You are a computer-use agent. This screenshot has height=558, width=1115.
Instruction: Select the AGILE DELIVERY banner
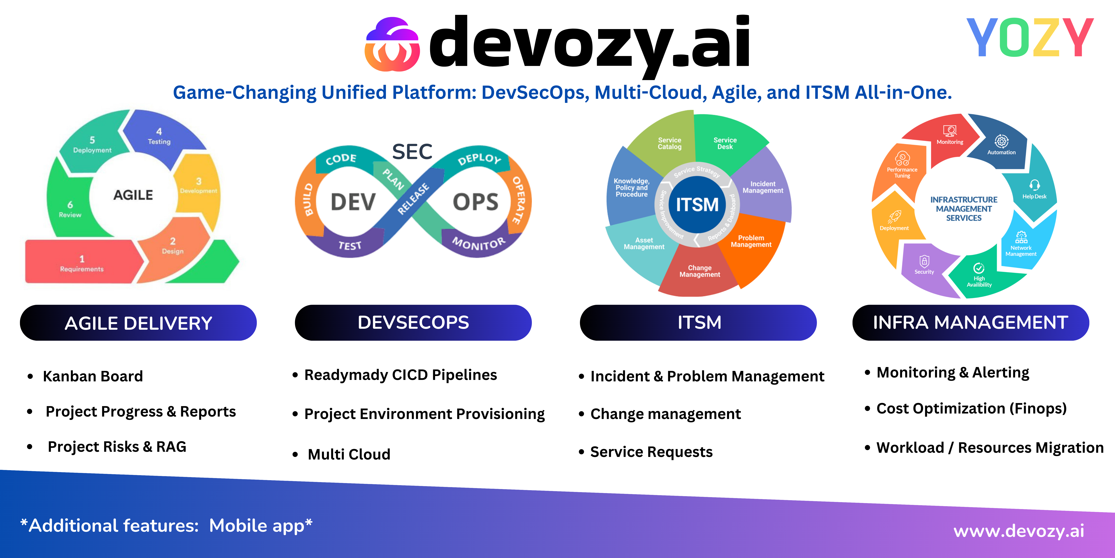(x=138, y=323)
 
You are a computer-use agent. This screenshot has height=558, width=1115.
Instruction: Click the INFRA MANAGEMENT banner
(x=970, y=323)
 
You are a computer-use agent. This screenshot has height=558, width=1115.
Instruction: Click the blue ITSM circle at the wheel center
(x=697, y=204)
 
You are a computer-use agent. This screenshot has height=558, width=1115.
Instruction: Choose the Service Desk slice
(x=725, y=143)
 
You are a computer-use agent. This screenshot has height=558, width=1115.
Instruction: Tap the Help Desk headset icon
(x=1035, y=185)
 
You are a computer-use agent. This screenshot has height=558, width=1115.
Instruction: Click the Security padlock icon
(x=924, y=261)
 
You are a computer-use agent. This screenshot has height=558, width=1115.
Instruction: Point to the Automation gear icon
(x=1001, y=141)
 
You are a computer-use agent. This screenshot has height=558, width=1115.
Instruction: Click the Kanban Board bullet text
(x=93, y=376)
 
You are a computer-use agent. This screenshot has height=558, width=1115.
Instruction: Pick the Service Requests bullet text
(x=651, y=452)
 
